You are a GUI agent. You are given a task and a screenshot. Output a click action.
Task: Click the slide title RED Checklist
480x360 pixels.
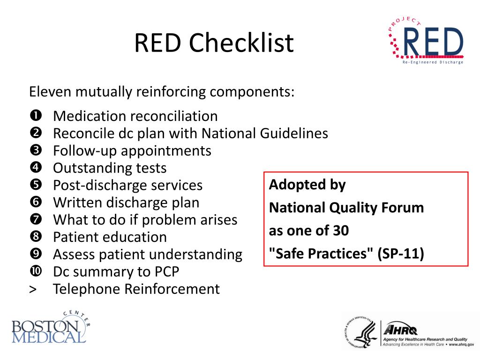(x=214, y=43)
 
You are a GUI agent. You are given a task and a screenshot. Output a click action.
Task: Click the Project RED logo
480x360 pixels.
(x=426, y=41)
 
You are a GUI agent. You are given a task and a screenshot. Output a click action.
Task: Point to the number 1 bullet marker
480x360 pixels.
(x=36, y=115)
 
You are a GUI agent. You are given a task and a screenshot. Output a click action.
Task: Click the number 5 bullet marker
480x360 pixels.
(x=36, y=185)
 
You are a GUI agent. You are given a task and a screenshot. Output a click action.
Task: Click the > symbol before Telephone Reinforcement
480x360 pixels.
(x=33, y=289)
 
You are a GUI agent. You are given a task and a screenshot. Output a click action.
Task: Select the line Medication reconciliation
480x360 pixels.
(x=135, y=116)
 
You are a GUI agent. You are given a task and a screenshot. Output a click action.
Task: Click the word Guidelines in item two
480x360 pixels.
(x=294, y=134)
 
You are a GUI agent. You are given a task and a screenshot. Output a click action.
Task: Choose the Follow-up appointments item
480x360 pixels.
(x=132, y=151)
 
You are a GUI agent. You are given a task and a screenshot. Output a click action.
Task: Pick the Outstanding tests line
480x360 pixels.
(x=110, y=168)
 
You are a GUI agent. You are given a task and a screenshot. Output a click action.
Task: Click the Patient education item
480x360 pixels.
(x=110, y=237)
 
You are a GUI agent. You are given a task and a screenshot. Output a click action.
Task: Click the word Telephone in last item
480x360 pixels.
(x=87, y=289)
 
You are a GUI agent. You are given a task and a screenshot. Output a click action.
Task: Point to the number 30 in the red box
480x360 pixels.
(x=341, y=231)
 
